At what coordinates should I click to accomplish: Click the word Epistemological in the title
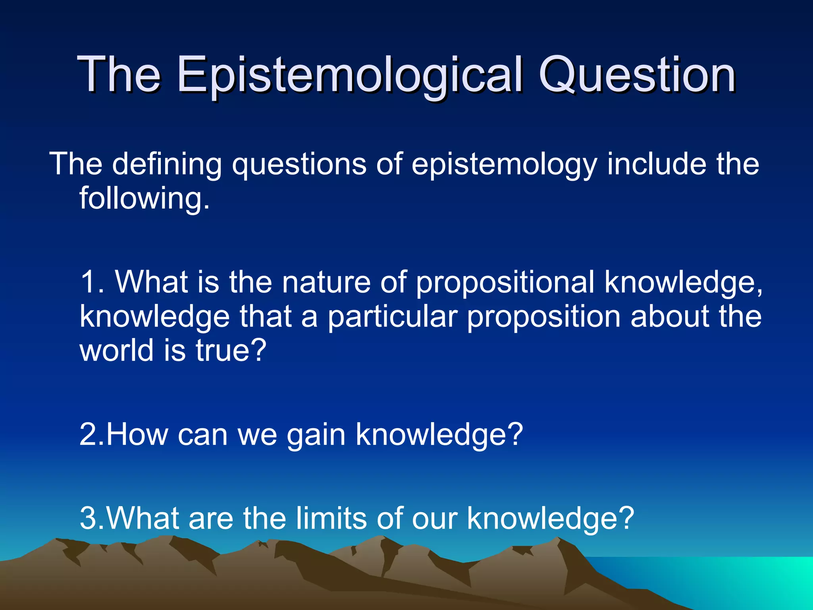pyautogui.click(x=349, y=75)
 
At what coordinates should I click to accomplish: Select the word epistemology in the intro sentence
pyautogui.click(x=504, y=165)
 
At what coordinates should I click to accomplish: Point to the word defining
pyautogui.click(x=167, y=165)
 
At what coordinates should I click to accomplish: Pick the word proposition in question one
pyautogui.click(x=543, y=317)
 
